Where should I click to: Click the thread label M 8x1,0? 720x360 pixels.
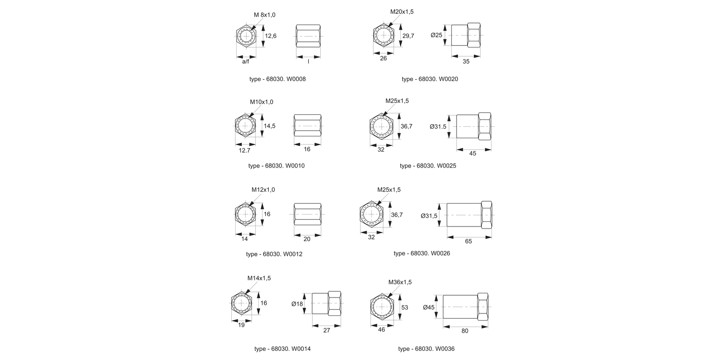point(265,15)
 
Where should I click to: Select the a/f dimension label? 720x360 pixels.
point(245,61)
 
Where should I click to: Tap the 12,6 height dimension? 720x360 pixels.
point(271,36)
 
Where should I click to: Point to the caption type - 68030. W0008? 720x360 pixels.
point(277,79)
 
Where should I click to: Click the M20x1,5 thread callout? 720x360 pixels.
point(402,12)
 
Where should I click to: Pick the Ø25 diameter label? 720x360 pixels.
point(436,35)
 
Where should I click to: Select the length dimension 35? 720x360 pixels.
point(466,61)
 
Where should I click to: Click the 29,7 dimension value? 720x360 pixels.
point(408,36)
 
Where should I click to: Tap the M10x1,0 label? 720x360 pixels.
point(262,102)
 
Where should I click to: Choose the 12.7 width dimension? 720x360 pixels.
point(244,150)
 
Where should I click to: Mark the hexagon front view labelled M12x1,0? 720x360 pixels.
point(245,213)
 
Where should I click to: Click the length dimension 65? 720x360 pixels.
point(468,241)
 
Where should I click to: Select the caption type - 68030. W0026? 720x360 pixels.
point(422,253)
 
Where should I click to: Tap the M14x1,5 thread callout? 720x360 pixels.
point(259,278)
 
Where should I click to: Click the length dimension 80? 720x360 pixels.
point(465,331)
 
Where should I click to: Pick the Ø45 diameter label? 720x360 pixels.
point(429,307)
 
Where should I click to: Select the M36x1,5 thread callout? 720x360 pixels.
point(400,282)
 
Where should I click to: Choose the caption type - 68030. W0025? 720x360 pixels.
point(428,166)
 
